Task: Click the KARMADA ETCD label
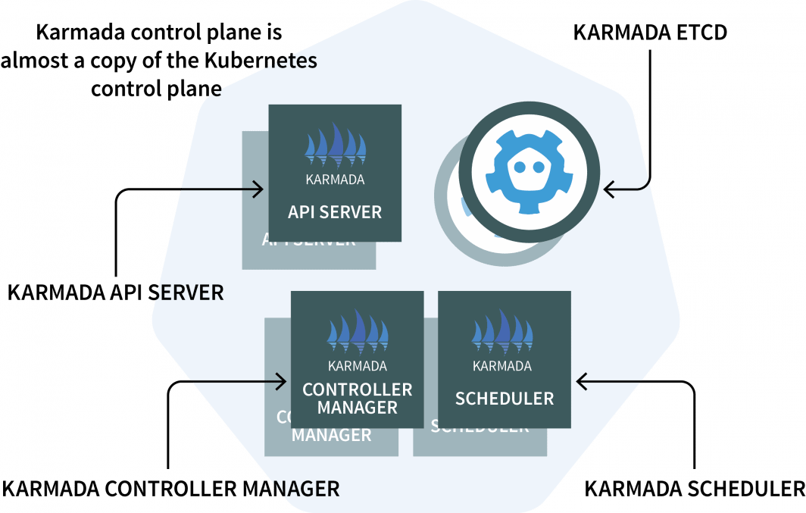tap(650, 33)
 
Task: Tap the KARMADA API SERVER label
tap(115, 292)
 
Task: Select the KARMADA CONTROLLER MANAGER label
tap(170, 489)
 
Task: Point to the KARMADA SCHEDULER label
tap(694, 489)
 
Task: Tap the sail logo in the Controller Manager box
tap(357, 333)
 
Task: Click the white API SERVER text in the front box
tap(335, 211)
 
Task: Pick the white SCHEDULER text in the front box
tap(504, 398)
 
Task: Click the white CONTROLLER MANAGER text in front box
tap(357, 399)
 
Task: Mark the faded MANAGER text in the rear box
tap(331, 435)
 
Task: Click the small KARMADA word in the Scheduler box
tap(502, 367)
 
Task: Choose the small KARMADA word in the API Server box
tap(335, 180)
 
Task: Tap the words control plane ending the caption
tap(157, 88)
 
